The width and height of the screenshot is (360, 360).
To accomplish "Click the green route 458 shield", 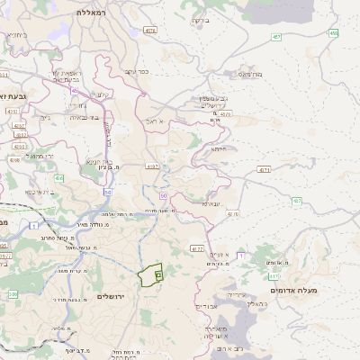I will [333, 32].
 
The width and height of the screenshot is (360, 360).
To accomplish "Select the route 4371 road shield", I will [264, 169].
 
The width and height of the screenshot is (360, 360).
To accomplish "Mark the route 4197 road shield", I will [152, 166].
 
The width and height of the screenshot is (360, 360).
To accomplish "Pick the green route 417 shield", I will [296, 201].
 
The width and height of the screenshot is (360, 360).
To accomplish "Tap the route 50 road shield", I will [163, 194].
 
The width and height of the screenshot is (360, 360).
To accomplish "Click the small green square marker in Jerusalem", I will [157, 274].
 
